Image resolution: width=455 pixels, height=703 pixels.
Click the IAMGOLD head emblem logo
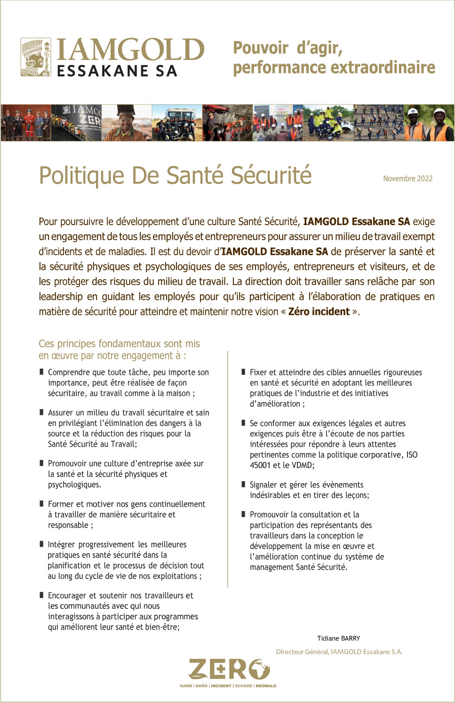coord(36,57)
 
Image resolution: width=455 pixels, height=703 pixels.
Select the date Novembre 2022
coord(407,178)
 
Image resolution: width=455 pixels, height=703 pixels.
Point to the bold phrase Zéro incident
coord(319,311)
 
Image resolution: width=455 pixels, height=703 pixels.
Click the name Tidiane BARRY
coord(338,638)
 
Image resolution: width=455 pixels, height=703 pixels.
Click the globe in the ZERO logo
coord(260,669)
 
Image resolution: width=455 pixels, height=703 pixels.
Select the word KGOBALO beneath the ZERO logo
coord(266,686)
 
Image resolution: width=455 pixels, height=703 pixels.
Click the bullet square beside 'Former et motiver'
coord(42,504)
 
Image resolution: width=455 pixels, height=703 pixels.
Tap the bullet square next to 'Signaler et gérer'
coord(244,485)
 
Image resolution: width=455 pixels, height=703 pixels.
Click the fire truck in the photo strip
coord(177,123)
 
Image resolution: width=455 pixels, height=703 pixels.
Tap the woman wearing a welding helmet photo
coord(126,123)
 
